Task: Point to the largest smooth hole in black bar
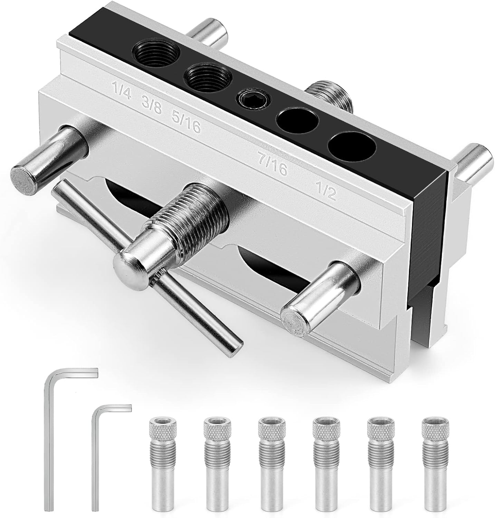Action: [352, 147]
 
